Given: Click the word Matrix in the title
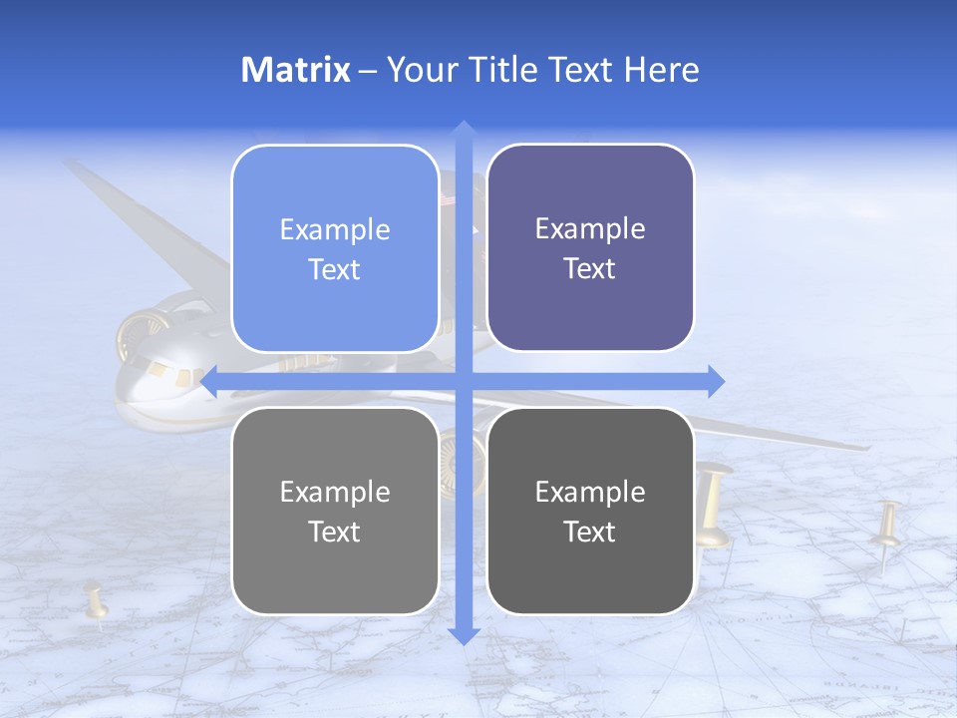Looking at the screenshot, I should click(x=295, y=70).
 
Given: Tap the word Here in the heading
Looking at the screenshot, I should click(x=661, y=70).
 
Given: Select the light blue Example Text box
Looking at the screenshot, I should click(x=335, y=248).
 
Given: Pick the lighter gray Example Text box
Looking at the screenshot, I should click(x=335, y=511).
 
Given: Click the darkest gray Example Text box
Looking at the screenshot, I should click(x=590, y=511).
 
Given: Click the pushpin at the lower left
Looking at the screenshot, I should click(x=96, y=604).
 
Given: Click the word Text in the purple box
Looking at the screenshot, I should click(x=590, y=268).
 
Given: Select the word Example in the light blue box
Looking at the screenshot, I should click(x=335, y=229).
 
